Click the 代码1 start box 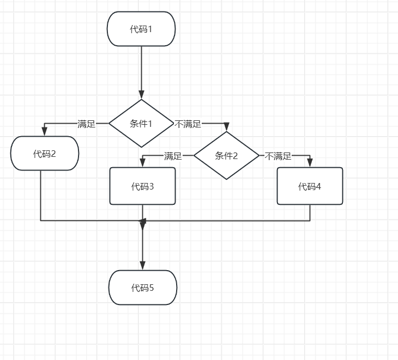click(x=141, y=29)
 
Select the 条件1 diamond click(x=141, y=123)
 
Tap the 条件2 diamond click(x=227, y=156)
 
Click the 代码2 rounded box click(x=45, y=154)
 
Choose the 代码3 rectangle click(x=142, y=186)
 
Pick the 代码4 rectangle click(x=310, y=186)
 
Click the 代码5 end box click(x=143, y=288)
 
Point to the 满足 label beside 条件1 click(x=87, y=124)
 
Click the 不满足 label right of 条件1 click(x=188, y=124)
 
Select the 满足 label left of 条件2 click(x=173, y=156)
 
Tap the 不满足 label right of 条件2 click(x=278, y=156)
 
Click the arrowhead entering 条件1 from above click(x=141, y=95)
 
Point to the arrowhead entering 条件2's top click(x=227, y=127)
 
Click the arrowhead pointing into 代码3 click(x=142, y=163)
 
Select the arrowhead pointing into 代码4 click(x=310, y=163)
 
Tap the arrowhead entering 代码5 click(x=143, y=265)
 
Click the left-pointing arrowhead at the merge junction click(x=143, y=221)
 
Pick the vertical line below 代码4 click(x=310, y=212)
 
